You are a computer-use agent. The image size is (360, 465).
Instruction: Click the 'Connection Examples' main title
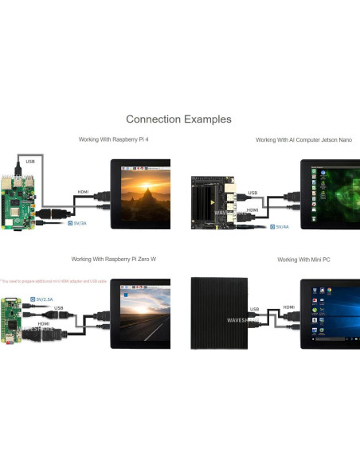point(178,119)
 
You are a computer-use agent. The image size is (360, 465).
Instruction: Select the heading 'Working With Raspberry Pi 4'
point(114,139)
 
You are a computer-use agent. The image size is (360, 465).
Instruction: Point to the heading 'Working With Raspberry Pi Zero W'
point(113,260)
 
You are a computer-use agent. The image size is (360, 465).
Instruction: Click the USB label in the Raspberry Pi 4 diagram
point(30,162)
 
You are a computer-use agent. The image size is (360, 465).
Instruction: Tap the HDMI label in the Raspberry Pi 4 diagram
point(83,193)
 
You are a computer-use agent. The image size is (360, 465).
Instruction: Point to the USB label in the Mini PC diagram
point(253,311)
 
